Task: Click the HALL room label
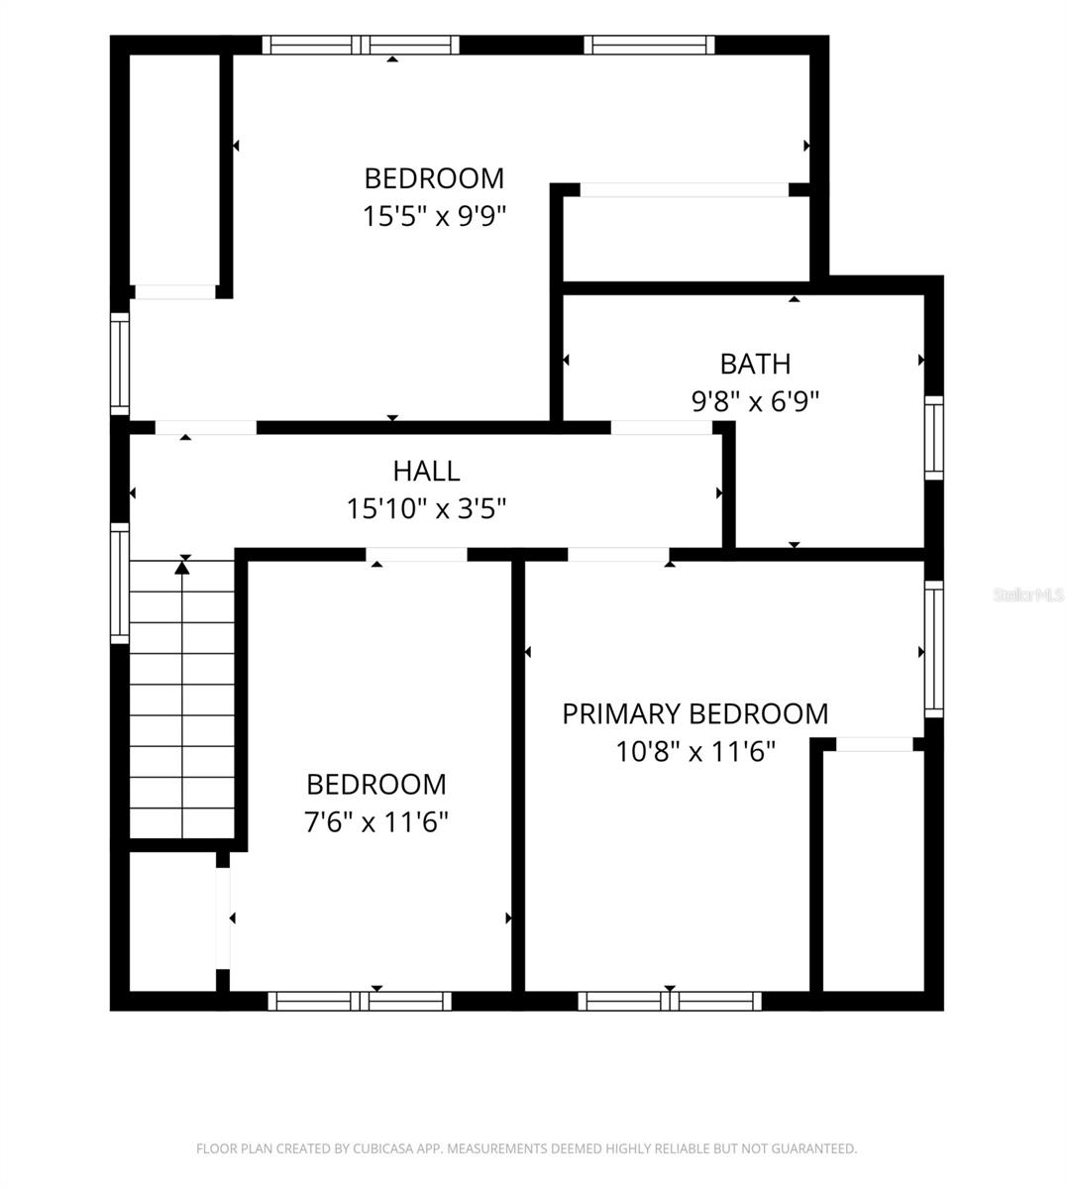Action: (426, 472)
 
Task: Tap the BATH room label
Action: (755, 364)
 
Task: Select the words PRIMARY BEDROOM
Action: (695, 713)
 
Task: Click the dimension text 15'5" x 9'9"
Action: (434, 216)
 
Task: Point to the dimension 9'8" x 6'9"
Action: (755, 401)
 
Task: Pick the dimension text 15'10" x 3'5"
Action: (426, 508)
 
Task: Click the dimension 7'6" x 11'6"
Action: (376, 821)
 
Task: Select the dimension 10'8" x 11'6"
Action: (695, 751)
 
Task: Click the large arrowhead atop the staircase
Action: (182, 568)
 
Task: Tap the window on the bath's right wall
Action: (934, 438)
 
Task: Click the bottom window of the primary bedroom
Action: (670, 1001)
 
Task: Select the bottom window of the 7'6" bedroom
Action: (360, 1001)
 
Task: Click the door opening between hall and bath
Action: (662, 428)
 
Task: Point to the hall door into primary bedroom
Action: (618, 555)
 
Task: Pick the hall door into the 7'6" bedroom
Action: (417, 555)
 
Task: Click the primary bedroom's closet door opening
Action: (875, 744)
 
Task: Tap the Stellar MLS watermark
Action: (1028, 594)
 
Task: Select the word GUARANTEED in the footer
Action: (813, 1148)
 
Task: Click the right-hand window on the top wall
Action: (649, 46)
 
